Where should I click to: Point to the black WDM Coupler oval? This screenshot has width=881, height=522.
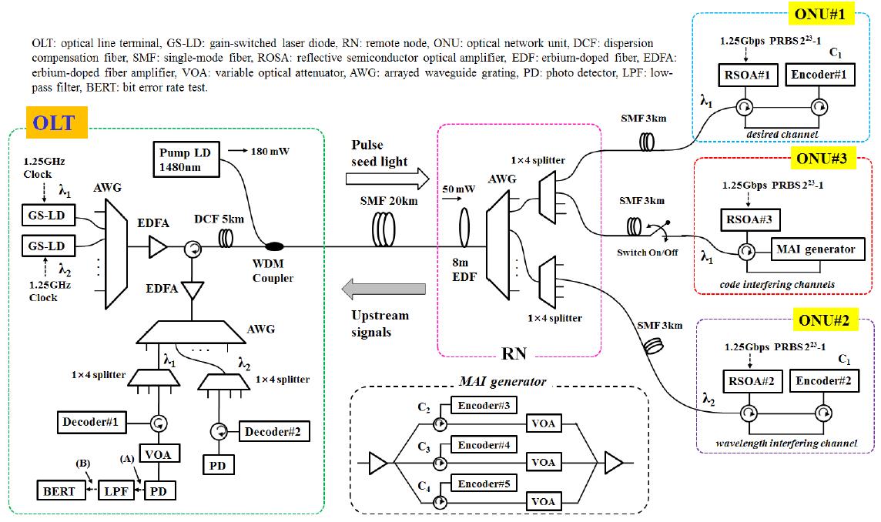(272, 246)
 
